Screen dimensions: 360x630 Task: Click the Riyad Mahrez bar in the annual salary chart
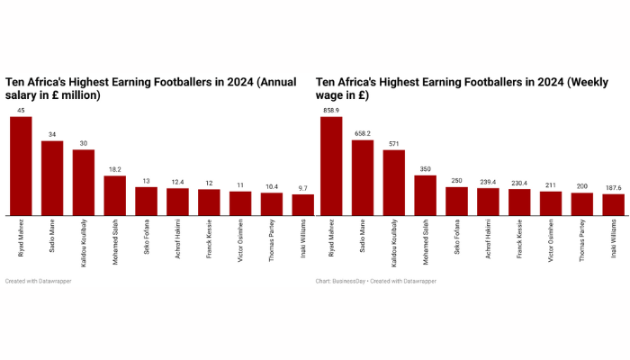coord(21,166)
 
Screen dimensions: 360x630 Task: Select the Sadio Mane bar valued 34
coord(52,178)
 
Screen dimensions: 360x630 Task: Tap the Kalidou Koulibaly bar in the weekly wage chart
coord(394,183)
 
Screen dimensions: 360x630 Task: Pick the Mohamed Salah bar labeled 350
coord(426,195)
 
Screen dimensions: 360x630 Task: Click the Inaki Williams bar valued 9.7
coord(303,205)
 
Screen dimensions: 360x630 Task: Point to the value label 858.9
coord(332,110)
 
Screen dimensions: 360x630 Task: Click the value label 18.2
coord(115,168)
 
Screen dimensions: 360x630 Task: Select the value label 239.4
coord(488,181)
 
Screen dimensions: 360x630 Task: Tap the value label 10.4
coord(272,185)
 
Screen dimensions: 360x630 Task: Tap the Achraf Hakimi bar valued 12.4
coord(177,202)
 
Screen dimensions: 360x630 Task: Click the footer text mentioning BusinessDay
coord(376,282)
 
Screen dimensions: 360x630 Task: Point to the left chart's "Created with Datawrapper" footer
coord(39,282)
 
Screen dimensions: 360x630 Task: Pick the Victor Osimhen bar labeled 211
coord(551,203)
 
